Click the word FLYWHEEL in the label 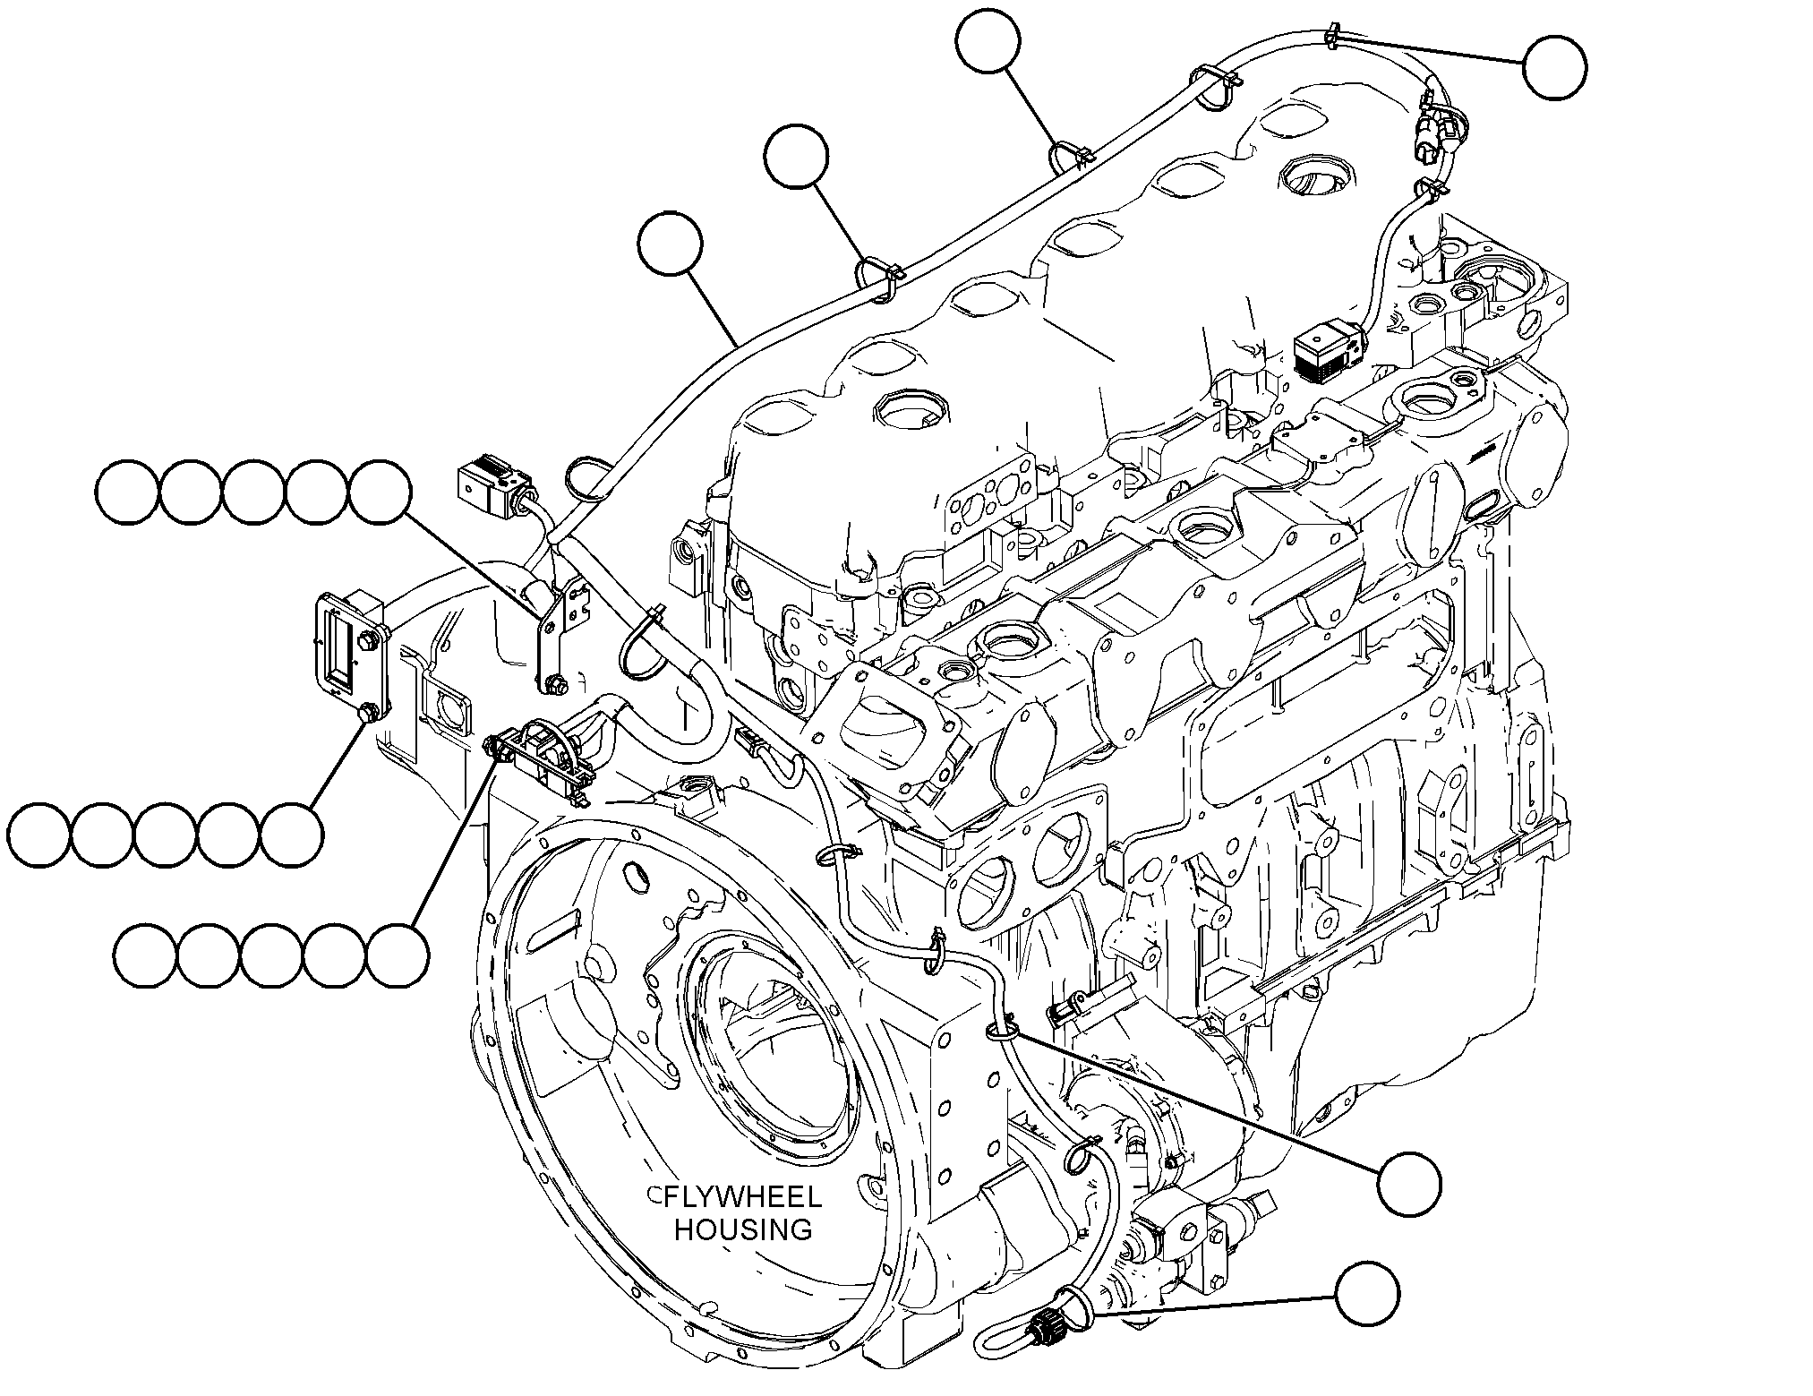tap(742, 1197)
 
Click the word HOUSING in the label tap(743, 1229)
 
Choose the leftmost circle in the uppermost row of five tap(127, 492)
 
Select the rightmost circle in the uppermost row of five tap(380, 492)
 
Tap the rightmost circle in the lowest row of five tap(398, 955)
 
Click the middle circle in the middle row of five tap(166, 835)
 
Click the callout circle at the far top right tap(1555, 67)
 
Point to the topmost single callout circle tap(988, 41)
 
